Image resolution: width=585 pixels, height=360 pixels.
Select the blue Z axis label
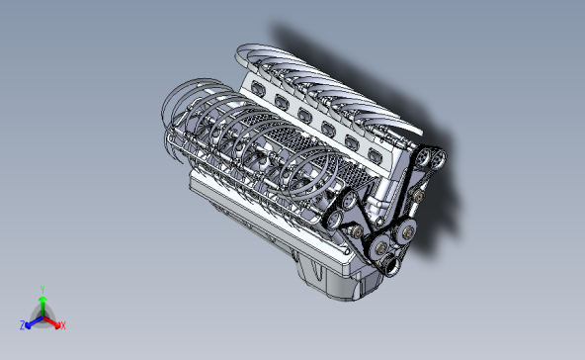22,324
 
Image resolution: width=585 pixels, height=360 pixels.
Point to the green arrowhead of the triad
42,299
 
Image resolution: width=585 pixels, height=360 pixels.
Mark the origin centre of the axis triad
42,315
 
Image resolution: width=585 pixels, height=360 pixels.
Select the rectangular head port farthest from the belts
259,86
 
